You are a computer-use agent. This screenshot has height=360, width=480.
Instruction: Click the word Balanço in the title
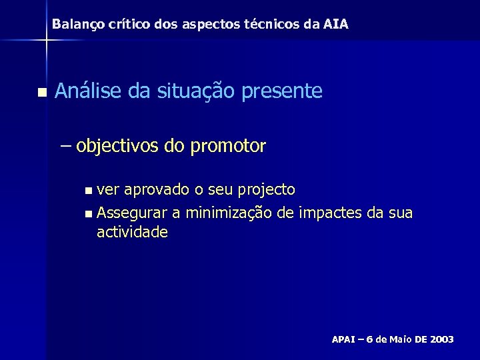tap(75, 25)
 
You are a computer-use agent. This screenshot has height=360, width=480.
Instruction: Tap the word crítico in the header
tap(124, 25)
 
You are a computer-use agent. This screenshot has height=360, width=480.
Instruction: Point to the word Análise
tap(90, 91)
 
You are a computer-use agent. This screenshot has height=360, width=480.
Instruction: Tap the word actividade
tap(132, 232)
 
